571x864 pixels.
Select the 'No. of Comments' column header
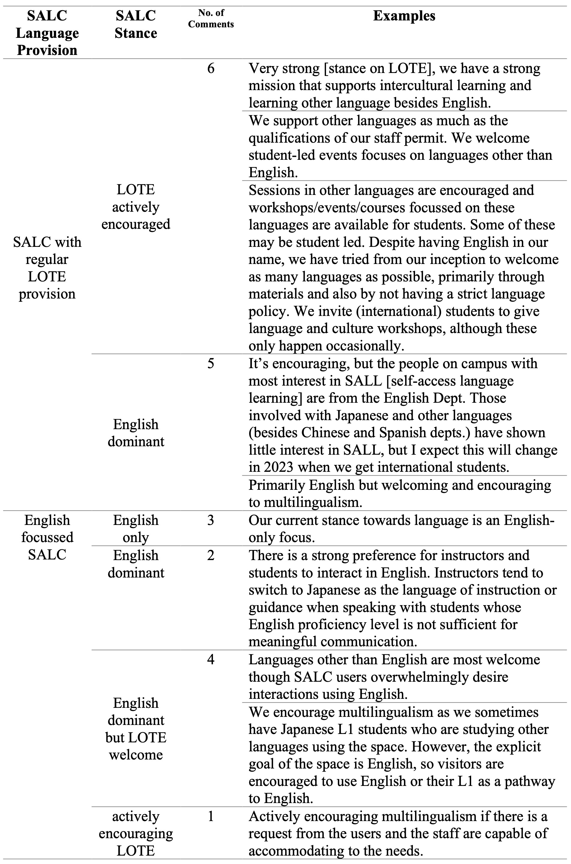coord(211,19)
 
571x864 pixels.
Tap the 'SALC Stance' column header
coord(136,24)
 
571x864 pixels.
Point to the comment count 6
coord(211,68)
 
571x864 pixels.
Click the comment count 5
coord(211,363)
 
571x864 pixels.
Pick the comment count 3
coord(211,520)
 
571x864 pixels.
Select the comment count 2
coord(211,556)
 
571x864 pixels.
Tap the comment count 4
coord(211,659)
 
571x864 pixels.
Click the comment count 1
coord(211,816)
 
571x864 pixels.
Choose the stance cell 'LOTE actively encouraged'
coord(136,207)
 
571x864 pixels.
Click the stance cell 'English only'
coord(136,529)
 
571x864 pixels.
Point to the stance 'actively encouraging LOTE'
coord(136,833)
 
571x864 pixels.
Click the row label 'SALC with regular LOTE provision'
coord(47,268)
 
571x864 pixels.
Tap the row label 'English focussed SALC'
coord(47,537)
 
